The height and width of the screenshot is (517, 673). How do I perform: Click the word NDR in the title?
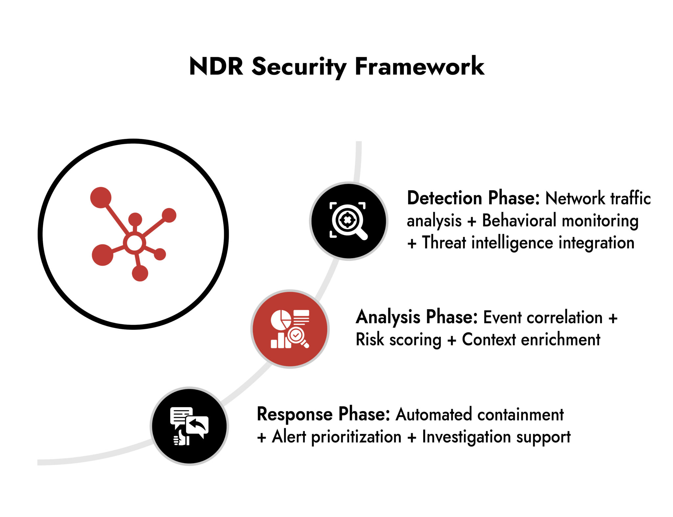click(x=216, y=66)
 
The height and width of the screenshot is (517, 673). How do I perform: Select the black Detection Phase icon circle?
click(x=349, y=221)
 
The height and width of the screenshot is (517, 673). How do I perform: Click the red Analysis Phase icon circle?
click(x=290, y=329)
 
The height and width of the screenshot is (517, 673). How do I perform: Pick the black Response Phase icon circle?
click(x=189, y=426)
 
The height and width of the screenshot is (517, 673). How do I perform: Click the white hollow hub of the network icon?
click(x=134, y=243)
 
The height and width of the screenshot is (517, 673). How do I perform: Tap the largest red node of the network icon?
click(x=101, y=198)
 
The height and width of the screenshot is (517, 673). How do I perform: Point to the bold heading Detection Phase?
click(x=473, y=198)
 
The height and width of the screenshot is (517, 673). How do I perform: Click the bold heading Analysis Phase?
click(x=416, y=317)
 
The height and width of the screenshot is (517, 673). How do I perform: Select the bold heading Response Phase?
click(x=323, y=414)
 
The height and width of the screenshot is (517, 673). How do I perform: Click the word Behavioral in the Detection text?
click(x=519, y=220)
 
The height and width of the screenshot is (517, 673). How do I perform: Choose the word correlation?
click(x=564, y=317)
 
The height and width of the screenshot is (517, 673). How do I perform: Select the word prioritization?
click(x=356, y=437)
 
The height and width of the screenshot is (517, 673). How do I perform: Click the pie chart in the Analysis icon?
click(x=280, y=319)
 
